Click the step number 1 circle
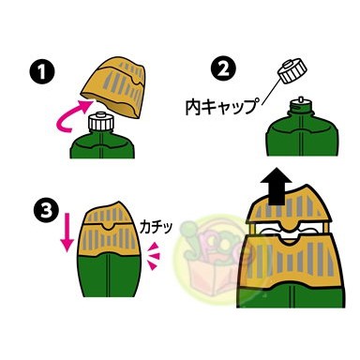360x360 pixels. tap(42, 71)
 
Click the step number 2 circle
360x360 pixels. tap(223, 69)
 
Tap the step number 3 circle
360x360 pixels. tap(47, 212)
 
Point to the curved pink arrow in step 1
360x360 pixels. tap(70, 116)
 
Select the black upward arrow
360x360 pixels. tap(277, 186)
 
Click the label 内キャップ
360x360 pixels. tap(223, 107)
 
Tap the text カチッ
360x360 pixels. tap(156, 227)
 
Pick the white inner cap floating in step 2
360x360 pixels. tap(292, 70)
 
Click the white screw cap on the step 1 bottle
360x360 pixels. tap(100, 122)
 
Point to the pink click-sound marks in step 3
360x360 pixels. tap(154, 255)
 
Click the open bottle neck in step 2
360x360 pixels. tap(301, 107)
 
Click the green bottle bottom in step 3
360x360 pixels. tap(109, 275)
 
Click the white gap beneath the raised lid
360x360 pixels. tap(288, 232)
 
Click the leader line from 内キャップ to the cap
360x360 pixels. tap(271, 90)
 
